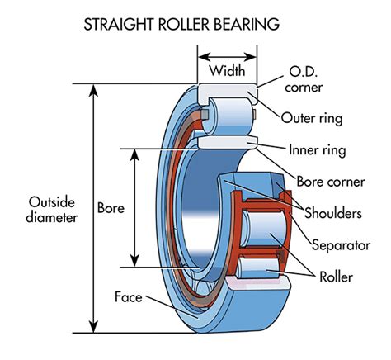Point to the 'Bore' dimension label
[x=110, y=207]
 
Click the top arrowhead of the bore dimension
[x=134, y=153]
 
